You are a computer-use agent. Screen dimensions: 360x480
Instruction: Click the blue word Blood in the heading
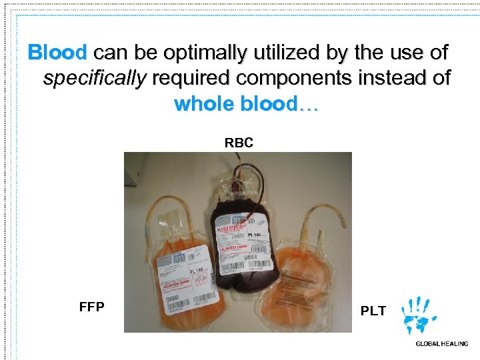coord(57,52)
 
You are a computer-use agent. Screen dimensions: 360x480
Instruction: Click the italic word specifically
coord(94,78)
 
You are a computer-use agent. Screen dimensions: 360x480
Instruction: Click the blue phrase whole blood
coord(245,104)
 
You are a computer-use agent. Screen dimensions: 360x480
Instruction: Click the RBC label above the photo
coord(239,143)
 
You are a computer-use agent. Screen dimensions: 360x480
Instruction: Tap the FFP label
coord(91,307)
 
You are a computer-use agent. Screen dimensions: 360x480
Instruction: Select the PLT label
coord(373,311)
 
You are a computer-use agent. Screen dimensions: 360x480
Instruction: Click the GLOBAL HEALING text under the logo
coord(441,344)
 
